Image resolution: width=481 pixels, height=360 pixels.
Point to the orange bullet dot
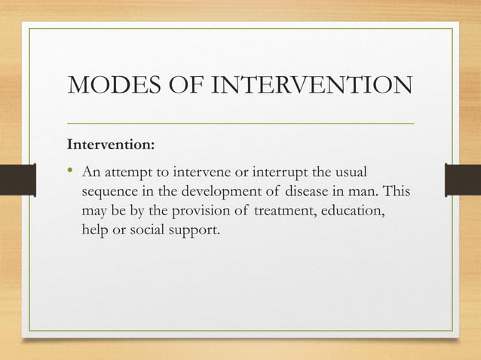click(72, 172)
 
